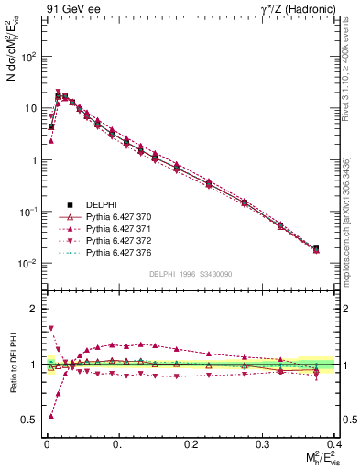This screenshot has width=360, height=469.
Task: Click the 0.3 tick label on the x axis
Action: click(262, 443)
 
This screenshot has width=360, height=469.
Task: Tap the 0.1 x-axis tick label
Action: click(118, 443)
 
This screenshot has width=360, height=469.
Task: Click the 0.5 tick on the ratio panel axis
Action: click(30, 420)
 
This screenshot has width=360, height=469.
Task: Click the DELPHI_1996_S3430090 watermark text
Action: click(190, 274)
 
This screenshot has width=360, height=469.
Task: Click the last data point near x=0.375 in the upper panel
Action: click(315, 248)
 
